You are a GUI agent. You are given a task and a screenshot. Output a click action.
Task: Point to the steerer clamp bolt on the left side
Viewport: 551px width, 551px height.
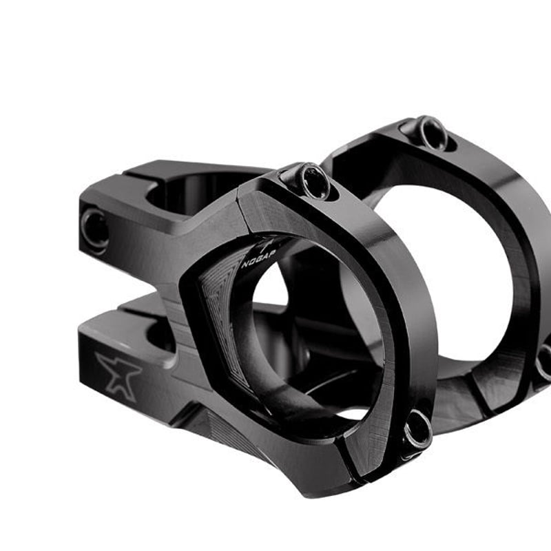[94, 229]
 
